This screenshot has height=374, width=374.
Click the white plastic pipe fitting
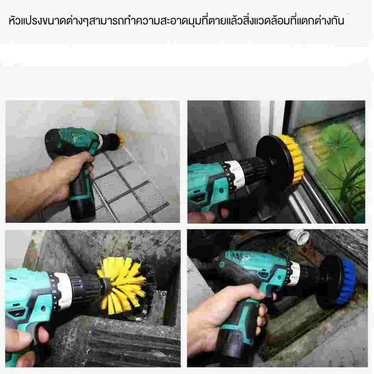pos(299,237)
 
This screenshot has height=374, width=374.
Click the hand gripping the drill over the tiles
pos(48,179)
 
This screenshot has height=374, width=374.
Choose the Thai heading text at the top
pos(176,21)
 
